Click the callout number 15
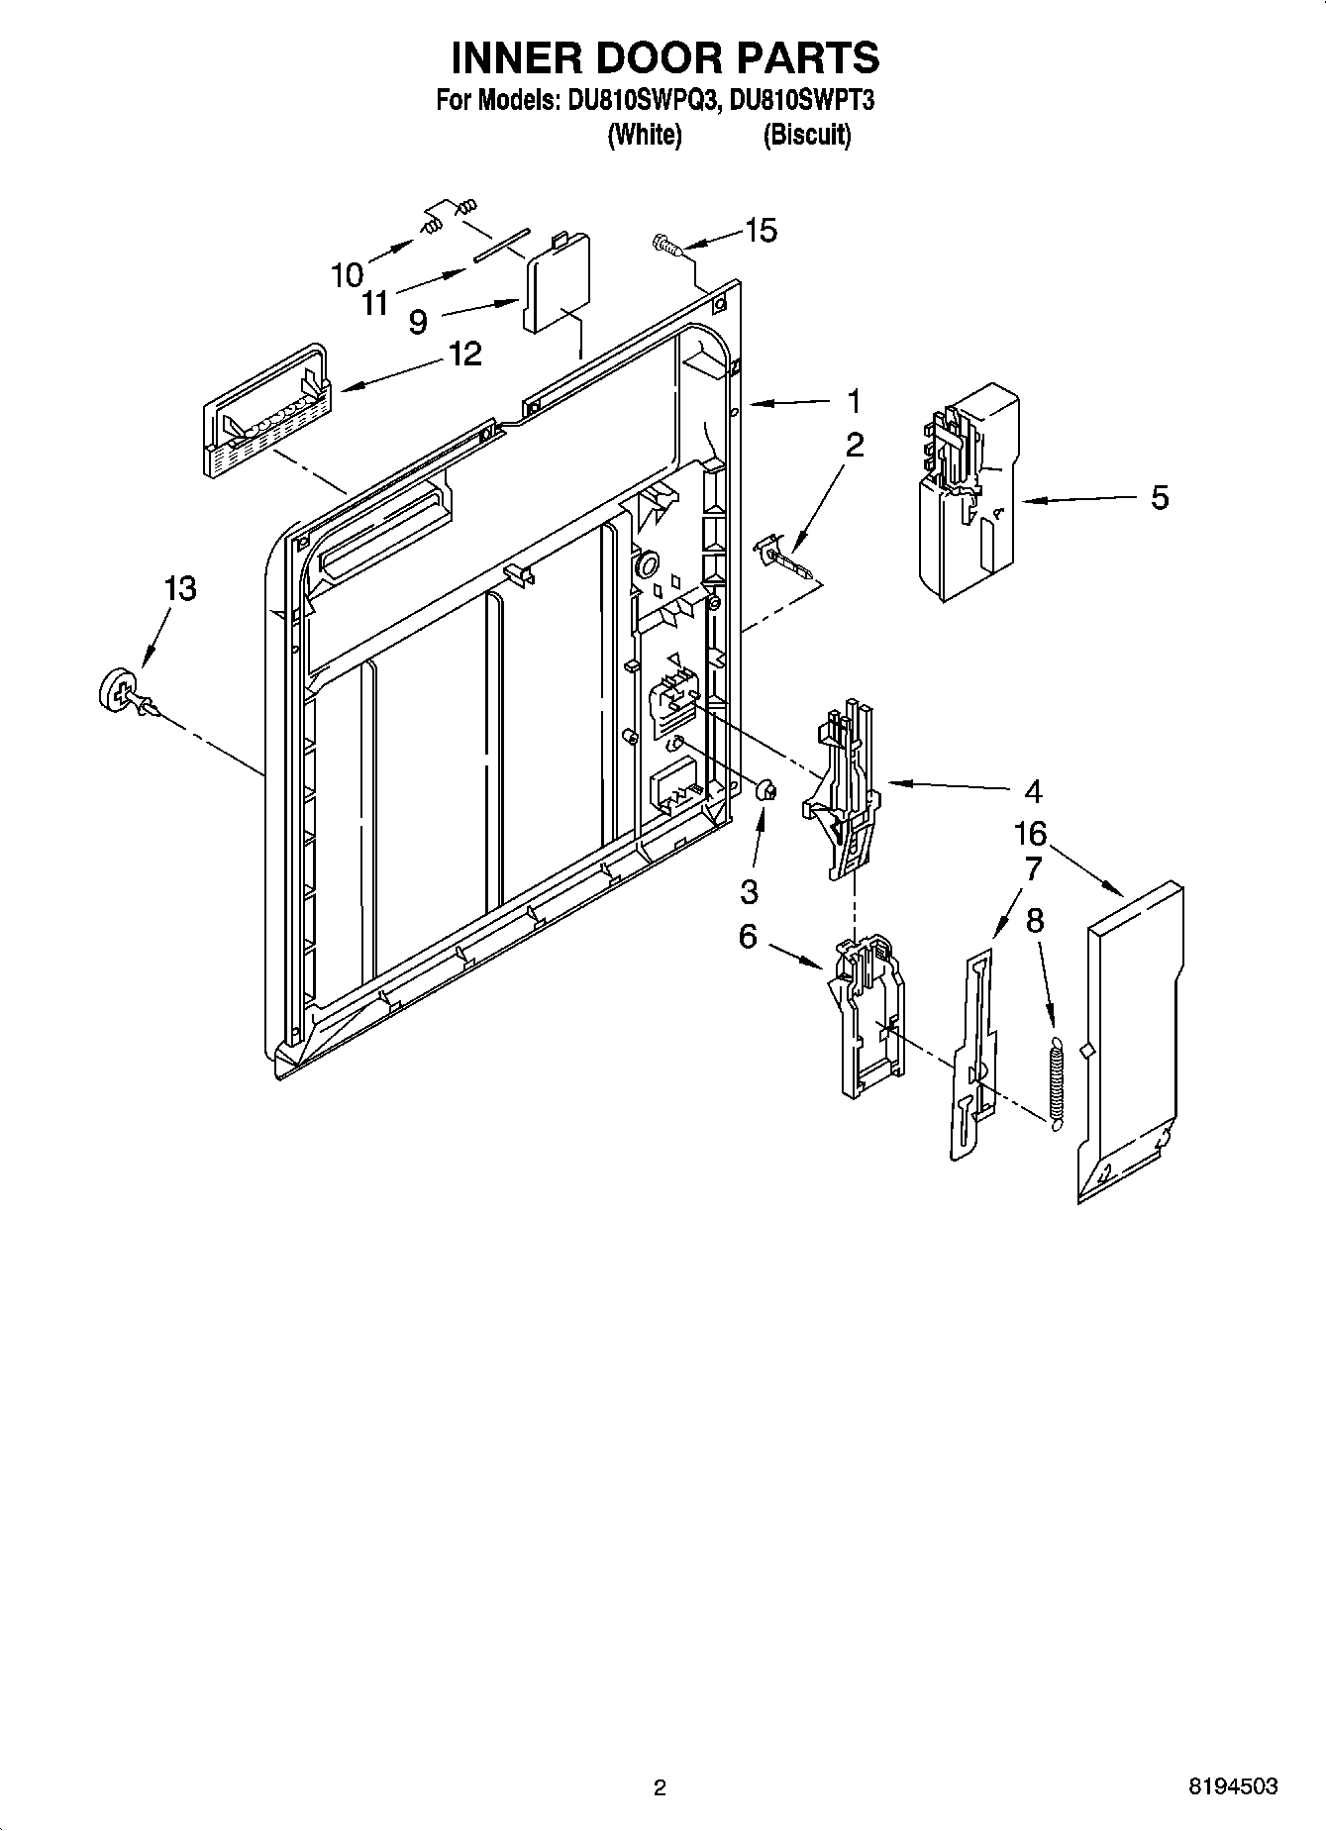(761, 231)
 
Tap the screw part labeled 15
(666, 243)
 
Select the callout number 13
(180, 588)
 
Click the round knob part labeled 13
(120, 688)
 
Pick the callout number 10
(348, 275)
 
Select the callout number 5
(1160, 497)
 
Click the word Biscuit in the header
(806, 135)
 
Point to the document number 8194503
(1233, 1786)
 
